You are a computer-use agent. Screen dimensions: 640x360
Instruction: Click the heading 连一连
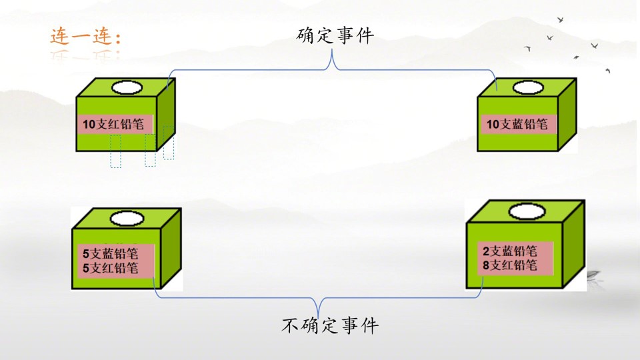[x=85, y=36]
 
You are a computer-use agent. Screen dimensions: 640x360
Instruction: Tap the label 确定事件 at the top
[x=335, y=35]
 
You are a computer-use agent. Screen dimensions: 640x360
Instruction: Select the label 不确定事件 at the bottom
[x=330, y=325]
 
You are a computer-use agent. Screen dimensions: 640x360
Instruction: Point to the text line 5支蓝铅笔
[x=110, y=253]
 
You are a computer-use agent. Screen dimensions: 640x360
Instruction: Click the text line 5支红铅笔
[x=110, y=268]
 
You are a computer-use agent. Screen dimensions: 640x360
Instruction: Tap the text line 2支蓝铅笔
[x=510, y=251]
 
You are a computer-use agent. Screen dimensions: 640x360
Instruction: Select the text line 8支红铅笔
[x=510, y=265]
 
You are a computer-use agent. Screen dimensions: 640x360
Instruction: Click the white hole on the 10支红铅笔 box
[x=127, y=87]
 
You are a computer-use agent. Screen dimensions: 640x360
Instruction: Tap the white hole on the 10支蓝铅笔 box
[x=528, y=87]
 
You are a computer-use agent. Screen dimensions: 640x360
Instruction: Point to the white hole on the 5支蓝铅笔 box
[x=127, y=219]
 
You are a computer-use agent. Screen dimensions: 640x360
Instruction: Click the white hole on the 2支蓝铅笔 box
[x=527, y=211]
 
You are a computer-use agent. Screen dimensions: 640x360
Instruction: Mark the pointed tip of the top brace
[x=332, y=50]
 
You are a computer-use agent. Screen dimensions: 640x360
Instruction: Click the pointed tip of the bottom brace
[x=319, y=315]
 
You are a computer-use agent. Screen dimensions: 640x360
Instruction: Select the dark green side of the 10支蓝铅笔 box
[x=567, y=114]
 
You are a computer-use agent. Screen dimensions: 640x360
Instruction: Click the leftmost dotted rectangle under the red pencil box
[x=115, y=151]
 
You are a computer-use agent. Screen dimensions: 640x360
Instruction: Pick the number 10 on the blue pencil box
[x=493, y=124]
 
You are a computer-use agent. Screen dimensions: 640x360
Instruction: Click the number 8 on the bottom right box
[x=486, y=265]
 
